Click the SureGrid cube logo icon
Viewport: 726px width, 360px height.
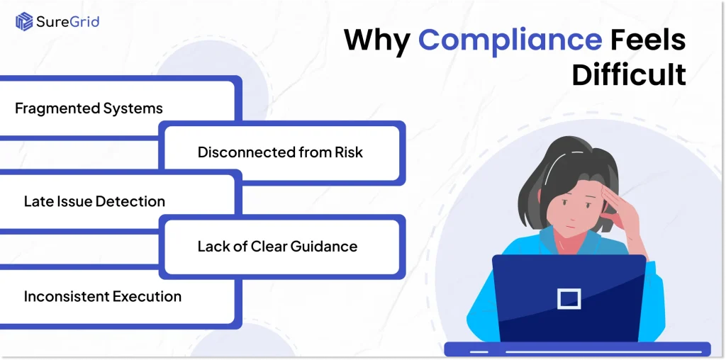click(23, 21)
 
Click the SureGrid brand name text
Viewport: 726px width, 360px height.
click(69, 21)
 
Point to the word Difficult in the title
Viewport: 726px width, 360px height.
click(629, 74)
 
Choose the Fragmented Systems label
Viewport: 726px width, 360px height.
click(89, 108)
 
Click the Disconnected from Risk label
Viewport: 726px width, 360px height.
click(280, 152)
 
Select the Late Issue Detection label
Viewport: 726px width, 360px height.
click(94, 201)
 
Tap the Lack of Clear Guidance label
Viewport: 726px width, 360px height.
click(277, 247)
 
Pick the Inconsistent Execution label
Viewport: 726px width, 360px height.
click(103, 296)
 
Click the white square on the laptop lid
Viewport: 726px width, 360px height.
click(569, 298)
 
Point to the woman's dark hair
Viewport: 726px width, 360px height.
click(553, 159)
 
